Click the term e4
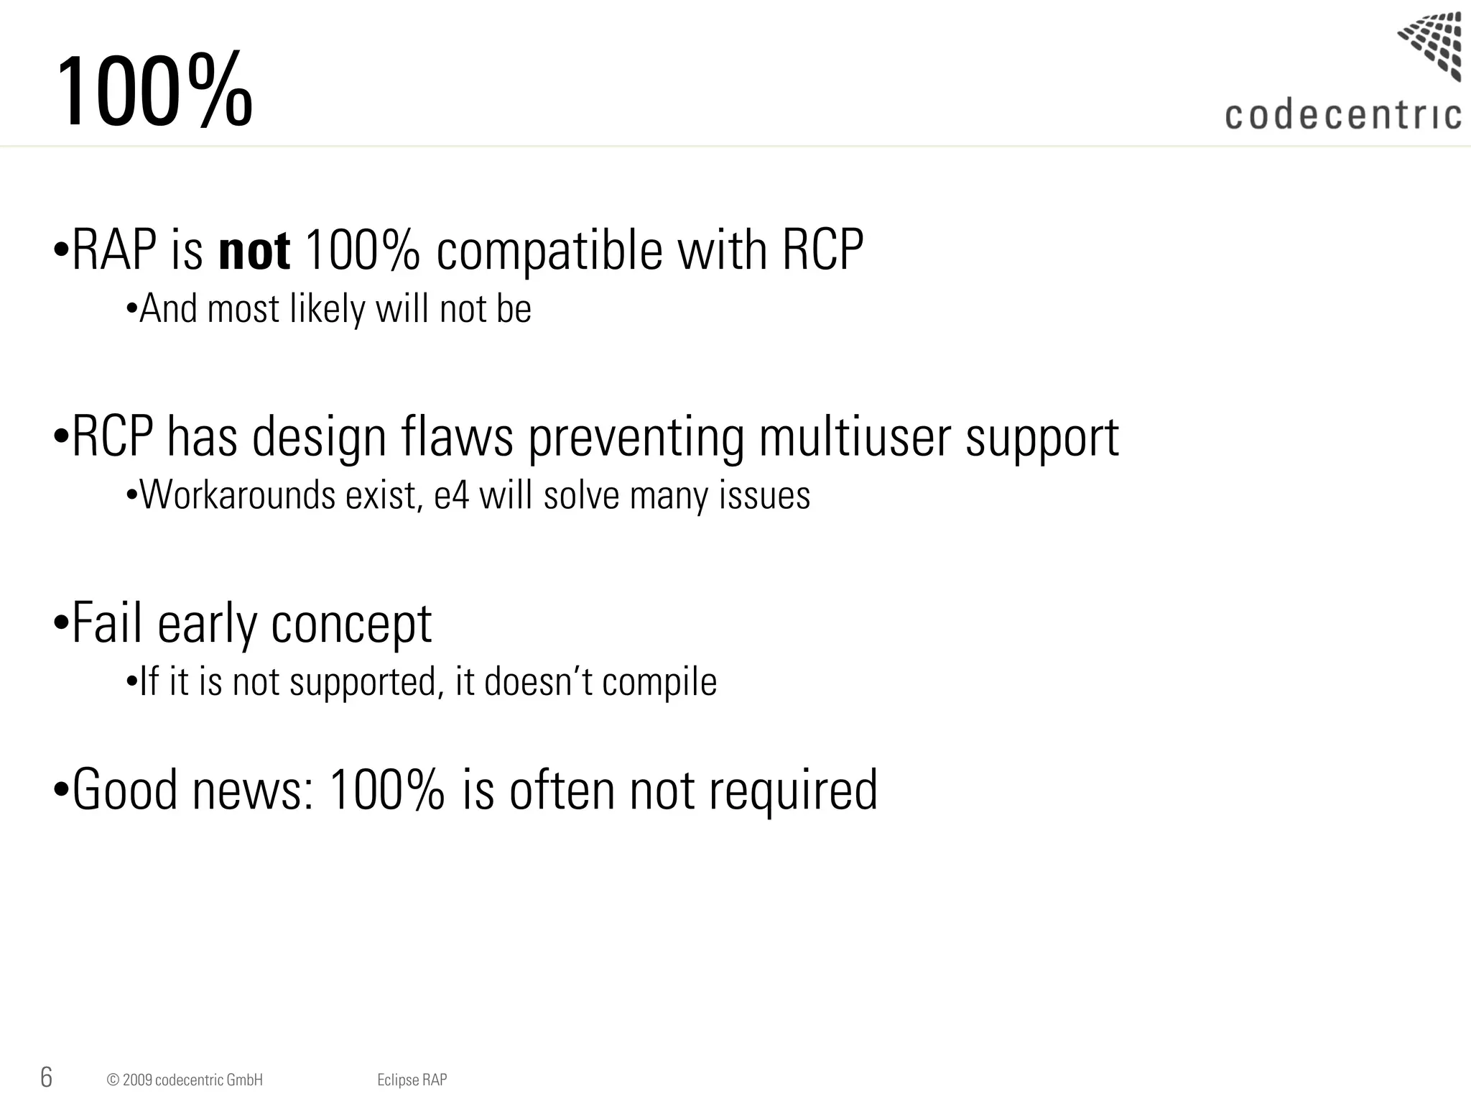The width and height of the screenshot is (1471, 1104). tap(451, 495)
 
